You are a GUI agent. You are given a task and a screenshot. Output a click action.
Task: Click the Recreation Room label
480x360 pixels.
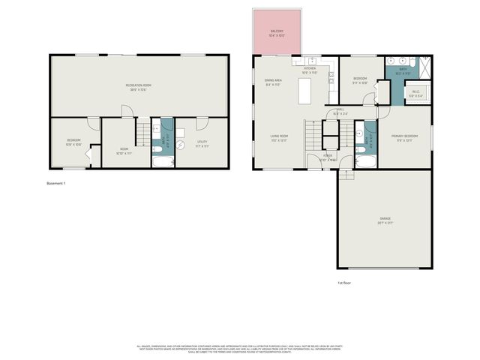pyautogui.click(x=138, y=86)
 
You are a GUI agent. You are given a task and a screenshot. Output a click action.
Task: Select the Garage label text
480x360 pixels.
pyautogui.click(x=384, y=220)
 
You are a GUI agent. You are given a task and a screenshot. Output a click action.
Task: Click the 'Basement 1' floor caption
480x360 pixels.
pyautogui.click(x=56, y=183)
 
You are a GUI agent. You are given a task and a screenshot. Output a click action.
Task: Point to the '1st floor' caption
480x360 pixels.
pyautogui.click(x=344, y=283)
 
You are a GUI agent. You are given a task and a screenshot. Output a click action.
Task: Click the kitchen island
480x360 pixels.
pyautogui.click(x=305, y=91)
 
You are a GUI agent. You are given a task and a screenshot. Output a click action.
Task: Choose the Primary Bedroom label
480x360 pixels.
pyautogui.click(x=403, y=137)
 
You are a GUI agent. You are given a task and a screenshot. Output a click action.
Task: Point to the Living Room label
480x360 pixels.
pyautogui.click(x=280, y=137)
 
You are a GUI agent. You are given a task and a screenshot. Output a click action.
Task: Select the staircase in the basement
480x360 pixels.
pyautogui.click(x=142, y=135)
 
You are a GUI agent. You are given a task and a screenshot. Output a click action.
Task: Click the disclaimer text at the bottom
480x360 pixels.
pyautogui.click(x=240, y=349)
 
